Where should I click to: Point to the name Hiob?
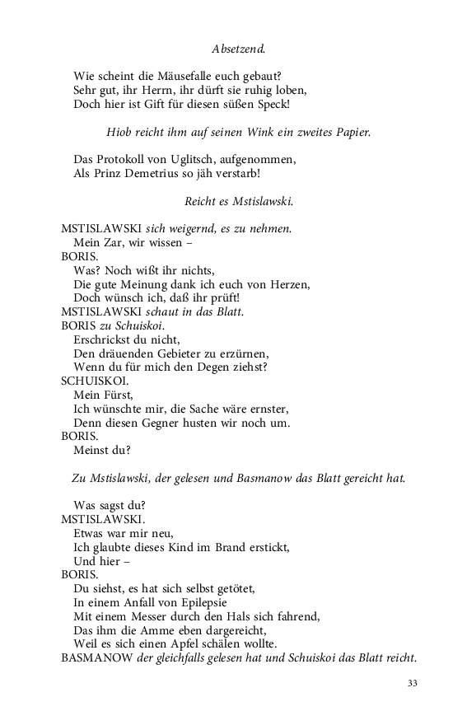[x=120, y=132]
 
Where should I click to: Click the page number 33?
[x=413, y=683]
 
